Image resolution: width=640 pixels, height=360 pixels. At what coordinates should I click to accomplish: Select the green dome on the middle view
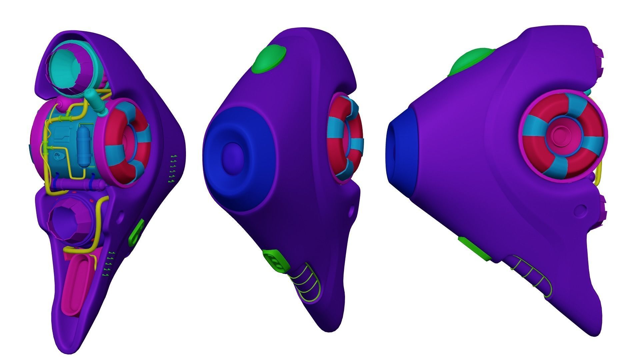click(269, 60)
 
